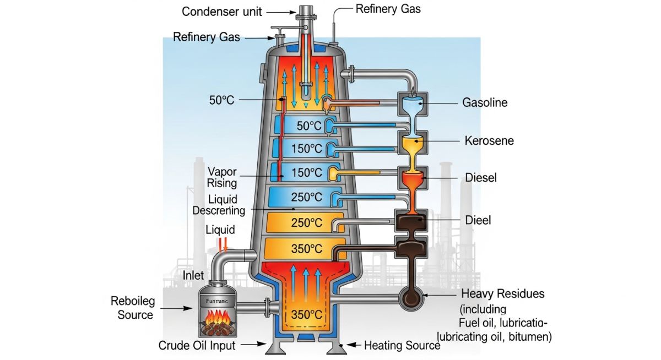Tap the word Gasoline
click(485, 103)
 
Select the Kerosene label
click(489, 141)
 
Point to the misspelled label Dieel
click(478, 220)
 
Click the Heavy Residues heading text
click(502, 294)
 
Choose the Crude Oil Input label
click(197, 346)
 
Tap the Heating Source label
click(402, 345)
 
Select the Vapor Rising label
click(222, 177)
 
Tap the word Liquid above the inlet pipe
click(220, 230)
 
